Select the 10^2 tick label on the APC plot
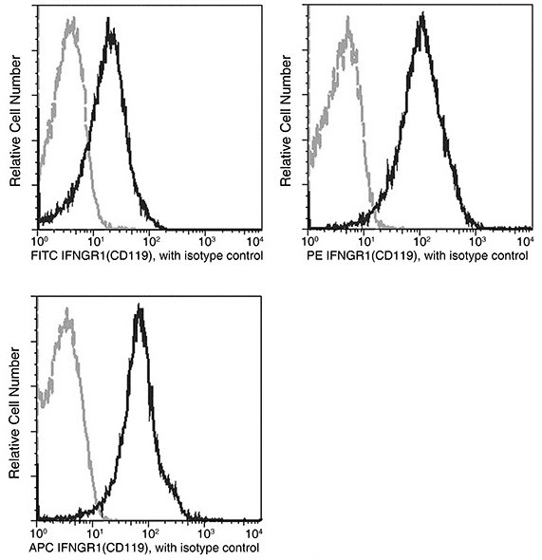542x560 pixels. point(148,531)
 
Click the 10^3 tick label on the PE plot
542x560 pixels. point(474,240)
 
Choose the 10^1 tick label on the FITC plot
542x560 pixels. point(92,240)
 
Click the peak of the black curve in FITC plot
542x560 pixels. point(112,31)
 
